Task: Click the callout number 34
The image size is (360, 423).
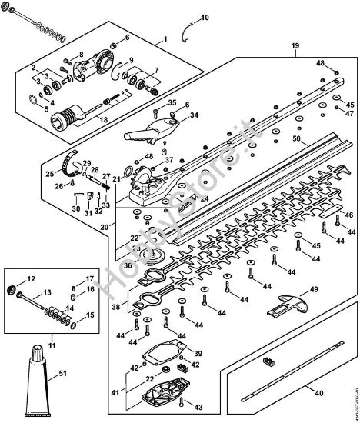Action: pos(194,115)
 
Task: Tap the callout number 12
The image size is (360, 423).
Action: pos(32,279)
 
